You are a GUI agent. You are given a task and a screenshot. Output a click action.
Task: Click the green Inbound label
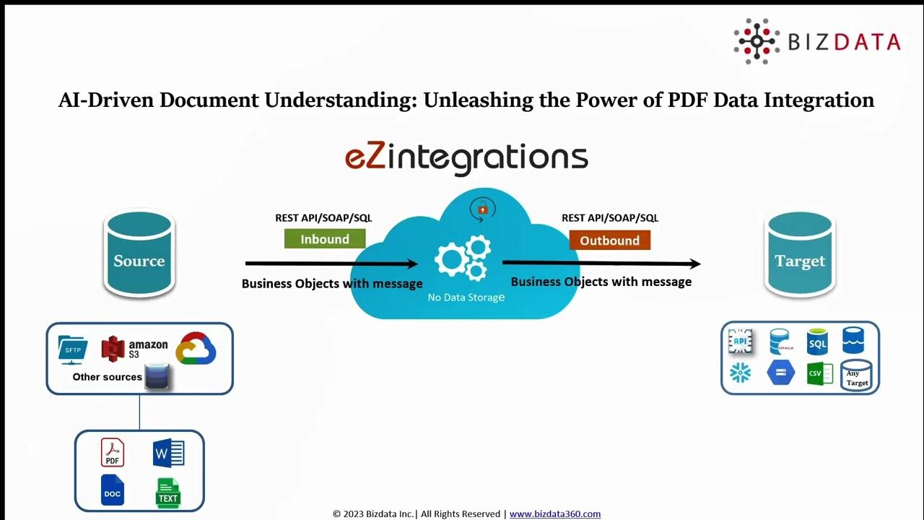[325, 239]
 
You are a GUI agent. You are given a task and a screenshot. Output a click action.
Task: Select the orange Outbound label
[610, 240]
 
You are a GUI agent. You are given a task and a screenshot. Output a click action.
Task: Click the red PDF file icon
[113, 453]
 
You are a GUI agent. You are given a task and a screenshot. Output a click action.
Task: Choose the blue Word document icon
[169, 453]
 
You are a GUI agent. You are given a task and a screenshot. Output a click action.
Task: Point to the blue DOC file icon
[113, 490]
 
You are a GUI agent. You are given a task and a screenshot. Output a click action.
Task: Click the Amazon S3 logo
[135, 349]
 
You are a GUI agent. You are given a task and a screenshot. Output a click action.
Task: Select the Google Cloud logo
[196, 349]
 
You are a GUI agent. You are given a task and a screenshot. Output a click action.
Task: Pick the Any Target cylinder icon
[857, 376]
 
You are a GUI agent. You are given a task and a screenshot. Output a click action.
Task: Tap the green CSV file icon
[819, 373]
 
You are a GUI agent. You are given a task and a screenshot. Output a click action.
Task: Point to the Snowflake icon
[741, 373]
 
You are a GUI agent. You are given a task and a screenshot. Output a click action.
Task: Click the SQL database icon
[818, 342]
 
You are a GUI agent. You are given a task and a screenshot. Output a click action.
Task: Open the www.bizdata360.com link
[555, 514]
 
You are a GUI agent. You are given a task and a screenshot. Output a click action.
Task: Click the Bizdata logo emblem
[756, 41]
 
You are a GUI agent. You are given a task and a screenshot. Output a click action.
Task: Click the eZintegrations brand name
[466, 157]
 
